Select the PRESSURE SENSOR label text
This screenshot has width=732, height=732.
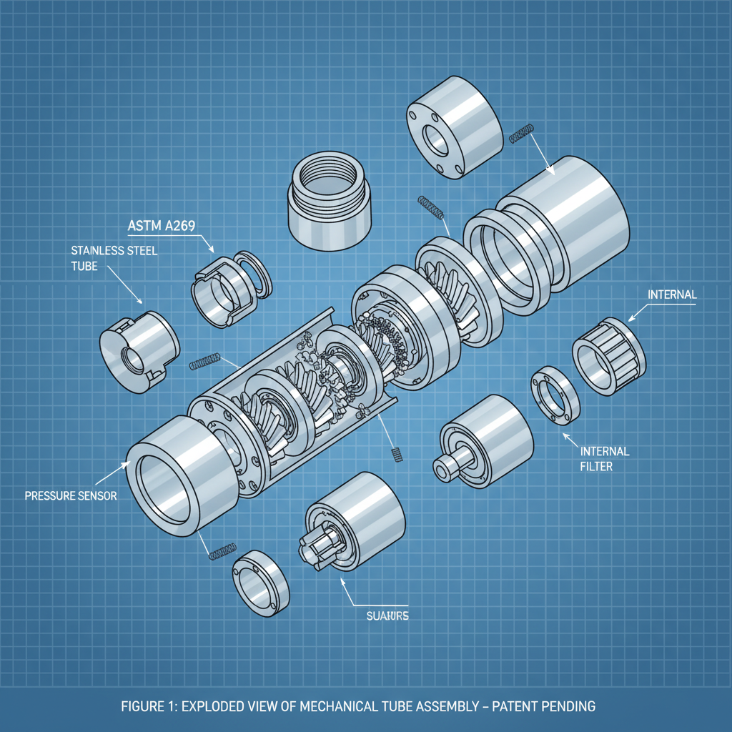point(70,495)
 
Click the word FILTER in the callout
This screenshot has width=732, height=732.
point(596,467)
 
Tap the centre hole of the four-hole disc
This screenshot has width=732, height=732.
point(435,141)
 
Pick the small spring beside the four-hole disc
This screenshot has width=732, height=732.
point(521,133)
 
